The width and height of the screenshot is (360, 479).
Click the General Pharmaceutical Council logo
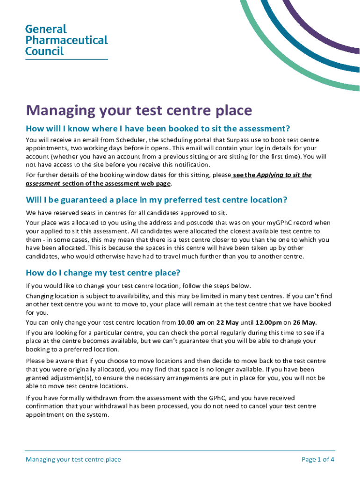66,40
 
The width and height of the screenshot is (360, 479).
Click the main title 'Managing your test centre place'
139,110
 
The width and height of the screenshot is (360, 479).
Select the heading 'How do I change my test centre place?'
103,273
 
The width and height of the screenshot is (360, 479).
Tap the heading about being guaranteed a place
156,200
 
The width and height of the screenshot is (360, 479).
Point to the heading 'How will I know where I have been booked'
158,129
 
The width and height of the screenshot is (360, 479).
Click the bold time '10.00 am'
192,322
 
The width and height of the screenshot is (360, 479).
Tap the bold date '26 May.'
305,322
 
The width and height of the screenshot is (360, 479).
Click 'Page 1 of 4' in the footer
318,459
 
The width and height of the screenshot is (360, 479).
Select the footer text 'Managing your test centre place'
73,459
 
